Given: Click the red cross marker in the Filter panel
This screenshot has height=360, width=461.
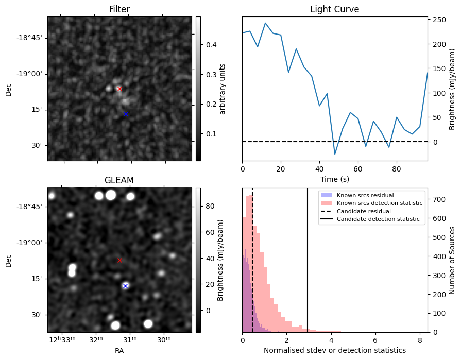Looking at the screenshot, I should pyautogui.click(x=119, y=89).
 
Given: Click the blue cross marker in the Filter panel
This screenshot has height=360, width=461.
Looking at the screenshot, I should pyautogui.click(x=125, y=114).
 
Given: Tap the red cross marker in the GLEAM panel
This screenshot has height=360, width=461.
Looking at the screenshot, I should pyautogui.click(x=119, y=260).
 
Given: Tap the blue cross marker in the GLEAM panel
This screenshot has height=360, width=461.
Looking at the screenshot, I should pyautogui.click(x=125, y=286).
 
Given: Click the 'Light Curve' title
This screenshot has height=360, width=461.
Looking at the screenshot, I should pyautogui.click(x=334, y=10).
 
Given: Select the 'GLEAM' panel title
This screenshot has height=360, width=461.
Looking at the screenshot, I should pyautogui.click(x=119, y=180).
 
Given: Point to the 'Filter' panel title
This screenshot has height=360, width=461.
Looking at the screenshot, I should pyautogui.click(x=119, y=10).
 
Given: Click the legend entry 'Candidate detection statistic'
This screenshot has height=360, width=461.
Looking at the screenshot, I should pyautogui.click(x=378, y=219).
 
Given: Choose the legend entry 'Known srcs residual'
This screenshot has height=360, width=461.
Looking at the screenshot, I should pyautogui.click(x=365, y=195).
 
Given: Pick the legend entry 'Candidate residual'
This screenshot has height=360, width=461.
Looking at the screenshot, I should pyautogui.click(x=363, y=211).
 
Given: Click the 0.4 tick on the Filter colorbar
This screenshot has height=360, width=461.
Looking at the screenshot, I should pyautogui.click(x=211, y=45).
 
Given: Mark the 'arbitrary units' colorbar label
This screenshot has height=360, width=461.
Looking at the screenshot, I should pyautogui.click(x=223, y=89).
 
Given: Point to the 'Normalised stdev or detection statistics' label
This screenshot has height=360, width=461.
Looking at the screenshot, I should pyautogui.click(x=334, y=350).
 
